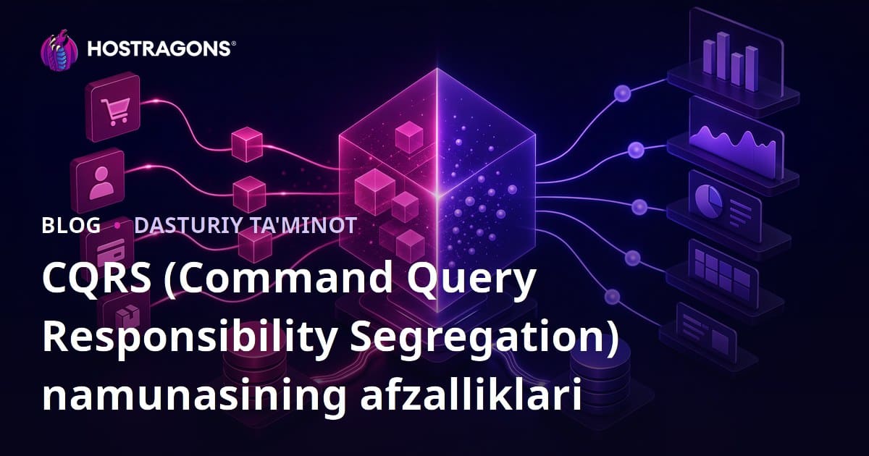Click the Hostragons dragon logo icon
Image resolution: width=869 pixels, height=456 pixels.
tap(59, 50)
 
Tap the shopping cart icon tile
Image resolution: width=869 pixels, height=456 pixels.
tap(113, 107)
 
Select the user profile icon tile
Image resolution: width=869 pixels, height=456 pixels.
tap(98, 180)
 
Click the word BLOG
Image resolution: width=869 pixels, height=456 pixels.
tap(71, 225)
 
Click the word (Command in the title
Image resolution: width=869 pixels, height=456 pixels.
tap(278, 278)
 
